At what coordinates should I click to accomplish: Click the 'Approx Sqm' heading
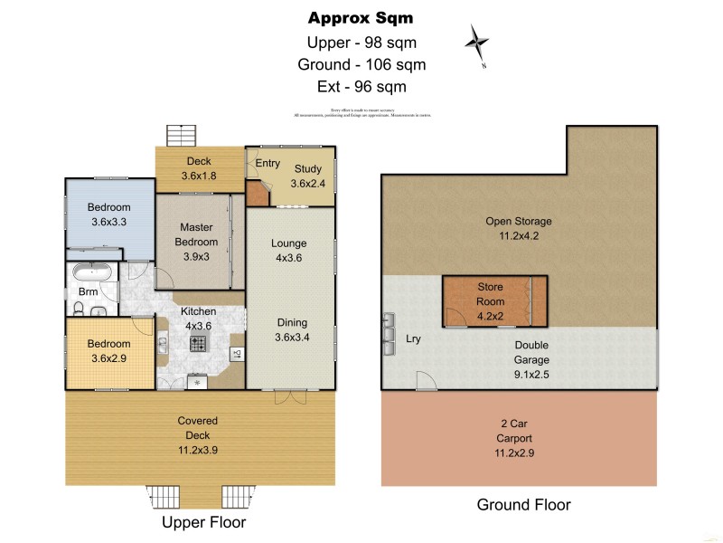[x=361, y=17]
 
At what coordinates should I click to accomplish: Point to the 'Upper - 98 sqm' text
[x=361, y=42]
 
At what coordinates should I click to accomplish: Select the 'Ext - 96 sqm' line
[x=361, y=87]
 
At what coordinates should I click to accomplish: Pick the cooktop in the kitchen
[x=198, y=343]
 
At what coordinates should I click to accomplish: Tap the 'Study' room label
[x=306, y=167]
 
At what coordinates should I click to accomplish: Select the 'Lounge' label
[x=289, y=243]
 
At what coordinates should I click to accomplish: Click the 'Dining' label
[x=292, y=322]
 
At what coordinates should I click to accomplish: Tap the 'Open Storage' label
[x=518, y=221]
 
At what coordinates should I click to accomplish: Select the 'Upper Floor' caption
[x=203, y=522]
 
